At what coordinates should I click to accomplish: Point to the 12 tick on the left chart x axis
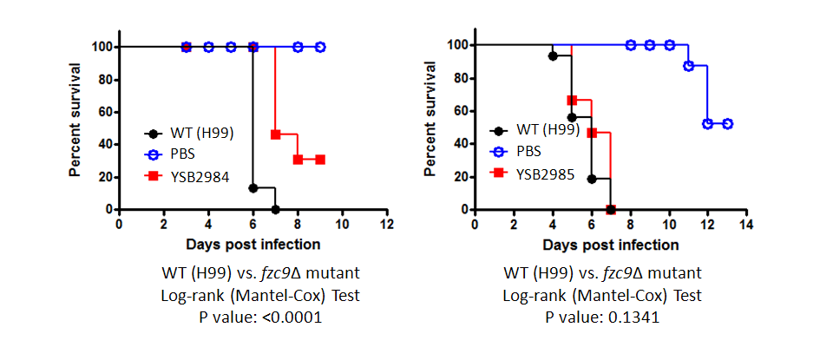tap(387, 224)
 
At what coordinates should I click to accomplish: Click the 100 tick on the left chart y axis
tap(101, 46)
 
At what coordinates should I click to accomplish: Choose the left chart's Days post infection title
tap(252, 244)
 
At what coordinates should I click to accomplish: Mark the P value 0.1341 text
tap(602, 317)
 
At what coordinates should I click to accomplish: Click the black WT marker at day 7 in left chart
tap(275, 209)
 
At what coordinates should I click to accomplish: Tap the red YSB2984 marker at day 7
tap(275, 134)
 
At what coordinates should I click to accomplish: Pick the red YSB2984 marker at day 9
tap(320, 160)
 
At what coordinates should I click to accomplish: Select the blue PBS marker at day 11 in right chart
tap(688, 66)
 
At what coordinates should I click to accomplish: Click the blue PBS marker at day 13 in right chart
tap(727, 124)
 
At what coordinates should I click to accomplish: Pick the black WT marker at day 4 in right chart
tap(553, 56)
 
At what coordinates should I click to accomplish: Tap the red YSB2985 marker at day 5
tap(572, 101)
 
